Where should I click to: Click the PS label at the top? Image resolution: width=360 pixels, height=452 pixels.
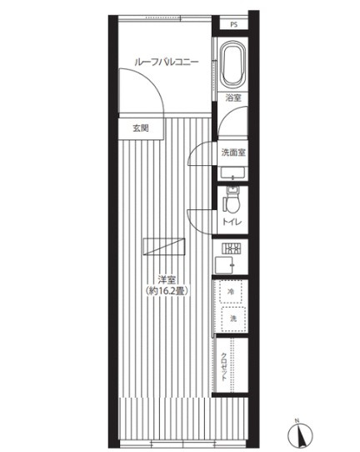[x=234, y=25]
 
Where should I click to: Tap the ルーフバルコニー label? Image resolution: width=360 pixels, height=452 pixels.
[x=167, y=63]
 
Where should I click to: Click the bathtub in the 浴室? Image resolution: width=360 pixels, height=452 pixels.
[x=233, y=65]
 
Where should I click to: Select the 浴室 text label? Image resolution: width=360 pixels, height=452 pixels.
[x=233, y=98]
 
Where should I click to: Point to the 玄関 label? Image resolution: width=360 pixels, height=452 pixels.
[x=141, y=128]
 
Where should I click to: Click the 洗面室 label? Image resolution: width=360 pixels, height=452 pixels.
[x=233, y=153]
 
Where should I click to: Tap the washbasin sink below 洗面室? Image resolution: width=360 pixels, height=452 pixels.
[x=233, y=173]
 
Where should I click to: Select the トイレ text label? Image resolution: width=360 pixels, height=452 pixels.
[x=232, y=223]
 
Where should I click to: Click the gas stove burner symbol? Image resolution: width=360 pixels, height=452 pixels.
[x=231, y=249]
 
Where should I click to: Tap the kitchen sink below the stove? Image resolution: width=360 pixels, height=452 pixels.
[x=225, y=264]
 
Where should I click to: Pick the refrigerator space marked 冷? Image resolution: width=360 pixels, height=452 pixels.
[x=231, y=291]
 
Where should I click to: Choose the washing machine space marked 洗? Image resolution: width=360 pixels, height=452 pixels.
[x=233, y=319]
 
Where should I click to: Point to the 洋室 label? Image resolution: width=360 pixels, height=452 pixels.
[x=167, y=279]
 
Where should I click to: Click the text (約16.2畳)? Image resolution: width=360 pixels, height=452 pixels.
[x=167, y=290]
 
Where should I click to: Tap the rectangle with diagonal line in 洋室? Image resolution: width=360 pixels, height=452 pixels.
[x=164, y=247]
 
